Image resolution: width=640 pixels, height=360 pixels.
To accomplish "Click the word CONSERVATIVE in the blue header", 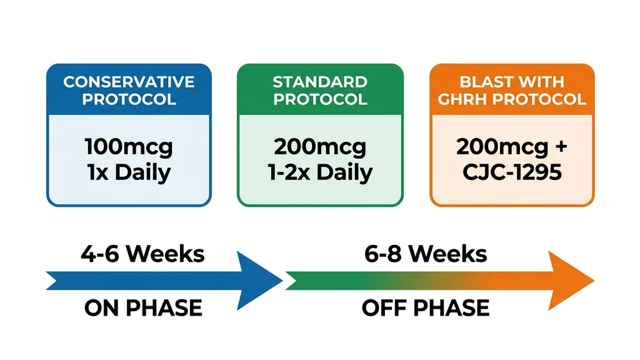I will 129,82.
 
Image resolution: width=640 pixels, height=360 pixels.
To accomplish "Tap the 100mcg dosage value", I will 129,147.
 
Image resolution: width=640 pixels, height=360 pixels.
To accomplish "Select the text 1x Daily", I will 129,172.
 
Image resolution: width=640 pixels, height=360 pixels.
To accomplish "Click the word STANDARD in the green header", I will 320,82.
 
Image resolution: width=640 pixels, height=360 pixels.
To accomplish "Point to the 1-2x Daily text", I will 320,172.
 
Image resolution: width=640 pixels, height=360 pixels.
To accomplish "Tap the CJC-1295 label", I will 512,172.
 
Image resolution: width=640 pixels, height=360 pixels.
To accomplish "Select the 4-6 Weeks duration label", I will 142,254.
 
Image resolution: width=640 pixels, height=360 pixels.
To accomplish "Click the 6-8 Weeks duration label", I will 426,254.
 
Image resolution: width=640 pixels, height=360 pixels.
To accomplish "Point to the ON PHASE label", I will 142,308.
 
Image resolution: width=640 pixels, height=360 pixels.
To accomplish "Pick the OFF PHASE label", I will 426,308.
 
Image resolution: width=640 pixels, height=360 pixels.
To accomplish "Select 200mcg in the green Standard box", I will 320,147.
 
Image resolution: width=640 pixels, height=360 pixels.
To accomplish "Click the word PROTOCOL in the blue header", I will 129,99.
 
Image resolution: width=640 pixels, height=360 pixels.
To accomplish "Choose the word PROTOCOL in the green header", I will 320,99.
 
